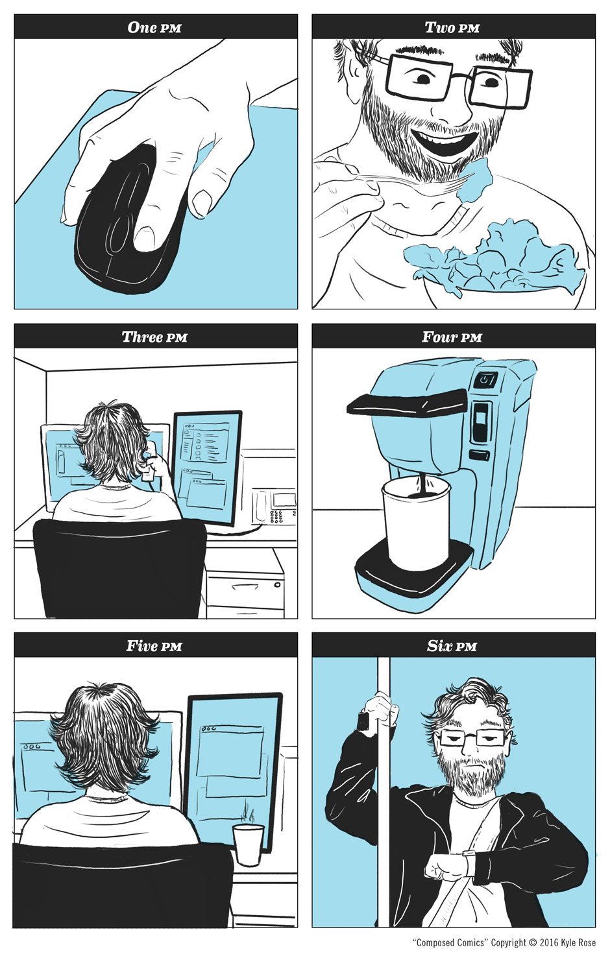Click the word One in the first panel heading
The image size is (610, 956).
pyautogui.click(x=142, y=27)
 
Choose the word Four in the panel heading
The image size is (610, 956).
pyautogui.click(x=439, y=337)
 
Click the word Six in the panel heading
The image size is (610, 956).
pyautogui.click(x=439, y=646)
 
